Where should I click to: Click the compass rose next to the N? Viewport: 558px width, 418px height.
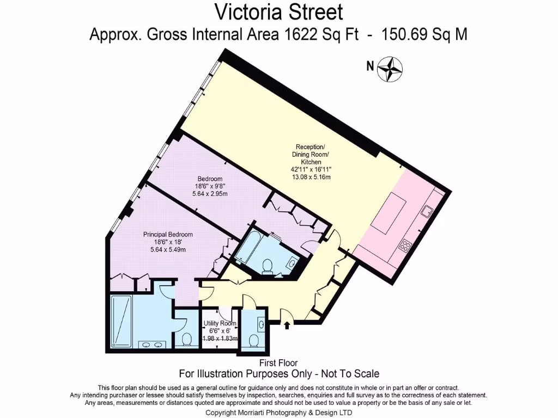[x=390, y=69]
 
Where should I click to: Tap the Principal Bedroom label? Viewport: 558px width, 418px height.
[x=168, y=235]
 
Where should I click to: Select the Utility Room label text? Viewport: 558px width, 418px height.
[x=220, y=323]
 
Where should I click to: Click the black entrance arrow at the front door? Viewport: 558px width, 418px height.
[x=288, y=325]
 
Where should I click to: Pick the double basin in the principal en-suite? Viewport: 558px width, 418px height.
[x=152, y=344]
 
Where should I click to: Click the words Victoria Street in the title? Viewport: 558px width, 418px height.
[x=279, y=11]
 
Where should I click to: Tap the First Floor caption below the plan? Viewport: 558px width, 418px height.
[x=279, y=363]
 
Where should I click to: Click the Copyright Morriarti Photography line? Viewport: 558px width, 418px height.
[x=279, y=413]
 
